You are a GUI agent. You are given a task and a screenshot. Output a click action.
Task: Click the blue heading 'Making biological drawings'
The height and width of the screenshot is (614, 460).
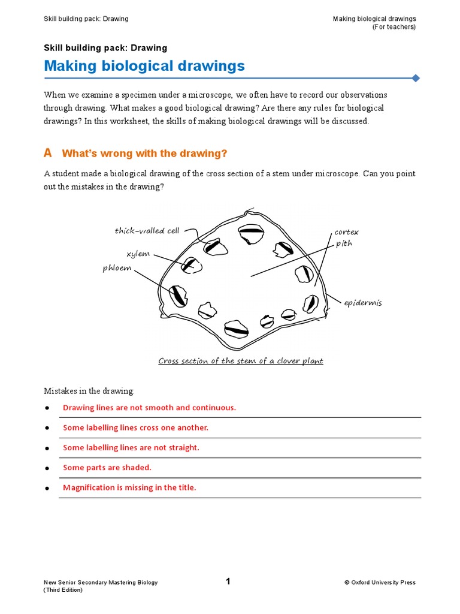point(144,66)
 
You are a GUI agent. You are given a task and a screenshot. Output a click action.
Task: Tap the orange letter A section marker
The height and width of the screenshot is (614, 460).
point(48,153)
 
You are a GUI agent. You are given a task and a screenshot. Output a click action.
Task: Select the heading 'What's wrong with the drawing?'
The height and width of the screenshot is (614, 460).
point(144,154)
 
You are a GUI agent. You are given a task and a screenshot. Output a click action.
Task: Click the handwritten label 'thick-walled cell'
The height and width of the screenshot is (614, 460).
point(147,231)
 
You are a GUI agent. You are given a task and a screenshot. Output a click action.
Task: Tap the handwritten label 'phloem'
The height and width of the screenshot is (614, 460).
point(117,268)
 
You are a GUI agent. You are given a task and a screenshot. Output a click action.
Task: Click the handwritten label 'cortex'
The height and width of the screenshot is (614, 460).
point(346,232)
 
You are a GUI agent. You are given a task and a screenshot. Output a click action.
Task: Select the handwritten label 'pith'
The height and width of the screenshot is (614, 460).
point(344,243)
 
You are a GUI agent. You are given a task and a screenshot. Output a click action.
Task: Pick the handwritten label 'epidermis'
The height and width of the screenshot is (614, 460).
point(362,303)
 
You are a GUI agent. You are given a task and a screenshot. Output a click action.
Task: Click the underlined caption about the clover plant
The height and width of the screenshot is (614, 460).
point(240,361)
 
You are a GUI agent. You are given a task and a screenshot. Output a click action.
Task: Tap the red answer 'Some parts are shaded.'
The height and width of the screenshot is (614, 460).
point(107,468)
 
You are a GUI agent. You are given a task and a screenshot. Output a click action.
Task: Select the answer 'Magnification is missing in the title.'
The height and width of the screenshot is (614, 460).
point(129,487)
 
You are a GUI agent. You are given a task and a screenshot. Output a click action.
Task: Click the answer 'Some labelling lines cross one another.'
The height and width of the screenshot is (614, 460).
point(135,428)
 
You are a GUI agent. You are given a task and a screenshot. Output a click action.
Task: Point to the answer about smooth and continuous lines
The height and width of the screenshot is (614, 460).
point(149,408)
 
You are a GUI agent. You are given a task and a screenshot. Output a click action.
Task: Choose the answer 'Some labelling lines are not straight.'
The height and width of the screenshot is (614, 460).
point(131,447)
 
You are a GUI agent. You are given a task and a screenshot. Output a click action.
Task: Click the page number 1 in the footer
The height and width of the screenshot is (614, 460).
point(228,581)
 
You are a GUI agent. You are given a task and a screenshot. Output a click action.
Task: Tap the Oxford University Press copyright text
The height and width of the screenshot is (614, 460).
point(380,582)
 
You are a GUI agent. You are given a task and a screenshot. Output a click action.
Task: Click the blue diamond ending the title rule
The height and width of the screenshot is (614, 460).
point(416,78)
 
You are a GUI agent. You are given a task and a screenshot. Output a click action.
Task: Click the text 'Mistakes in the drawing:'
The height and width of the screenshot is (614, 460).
point(89,391)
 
